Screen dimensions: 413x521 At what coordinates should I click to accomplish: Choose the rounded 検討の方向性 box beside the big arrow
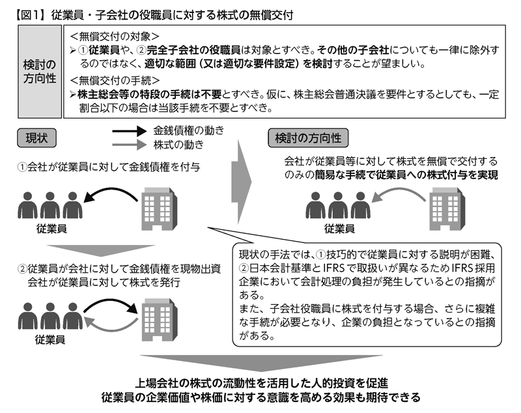click(308, 138)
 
